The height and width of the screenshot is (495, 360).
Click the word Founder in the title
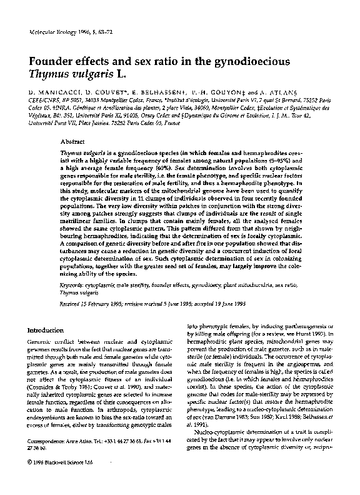coord(52,62)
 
